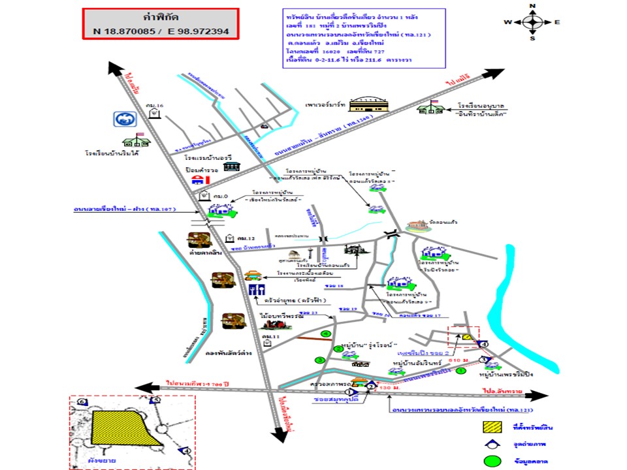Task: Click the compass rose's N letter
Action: click(x=532, y=6)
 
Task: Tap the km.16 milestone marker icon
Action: click(x=153, y=113)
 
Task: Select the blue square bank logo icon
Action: click(x=122, y=119)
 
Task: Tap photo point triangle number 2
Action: click(x=371, y=386)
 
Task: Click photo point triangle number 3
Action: click(x=483, y=359)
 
